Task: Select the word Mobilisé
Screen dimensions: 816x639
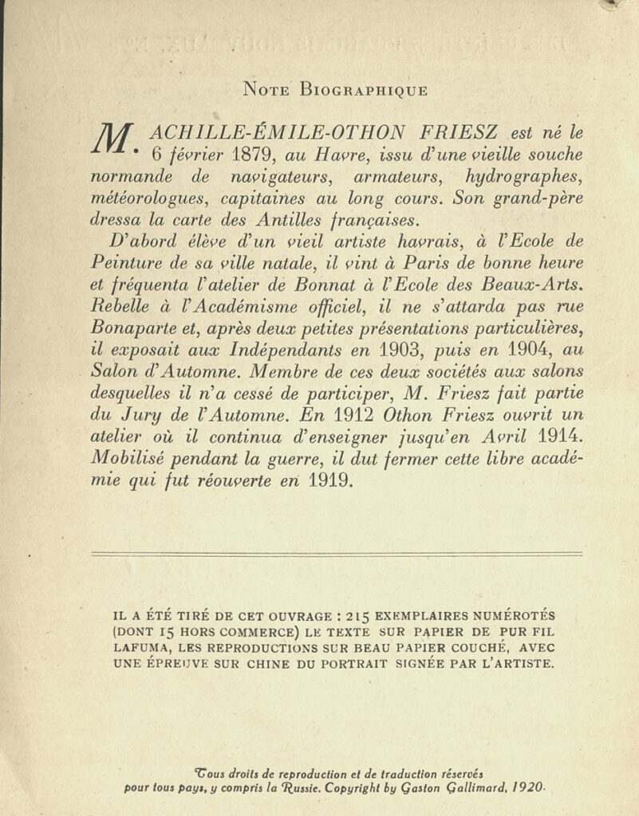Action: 131,458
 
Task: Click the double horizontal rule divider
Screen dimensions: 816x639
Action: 337,554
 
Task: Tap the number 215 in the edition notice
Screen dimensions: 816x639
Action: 361,616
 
